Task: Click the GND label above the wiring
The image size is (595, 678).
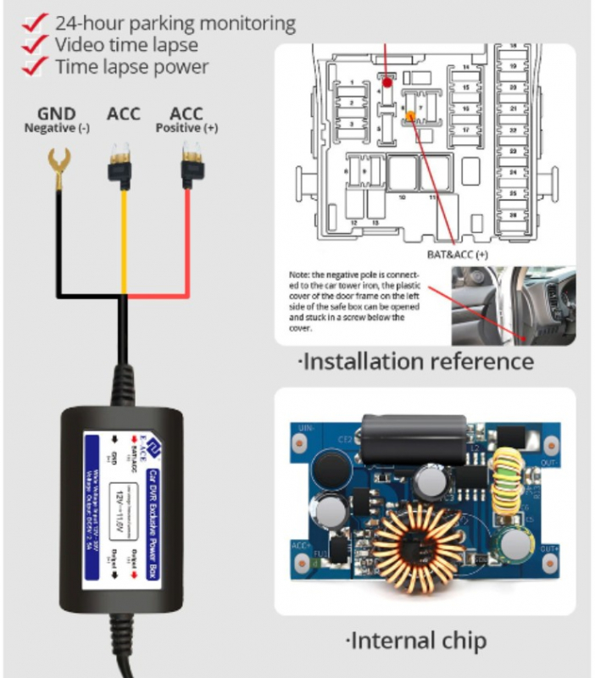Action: [x=57, y=114]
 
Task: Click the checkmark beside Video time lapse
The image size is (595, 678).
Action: [x=34, y=44]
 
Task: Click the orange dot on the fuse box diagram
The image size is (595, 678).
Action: [x=411, y=116]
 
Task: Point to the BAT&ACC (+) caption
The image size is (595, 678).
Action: [x=459, y=253]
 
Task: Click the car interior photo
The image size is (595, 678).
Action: [x=512, y=304]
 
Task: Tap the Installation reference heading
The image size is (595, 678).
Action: [x=416, y=362]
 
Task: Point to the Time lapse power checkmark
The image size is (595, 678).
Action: [x=34, y=65]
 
